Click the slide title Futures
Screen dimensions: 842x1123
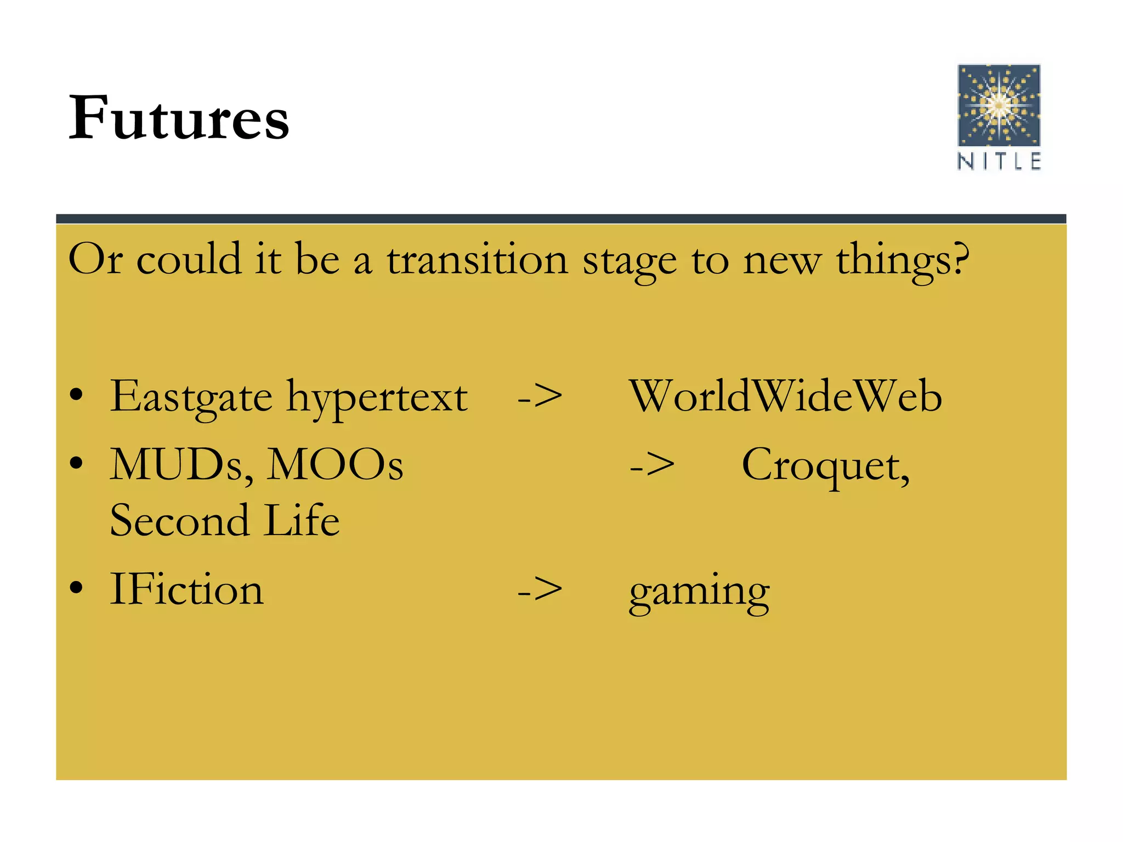[x=179, y=118]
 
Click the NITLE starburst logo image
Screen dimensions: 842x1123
[x=999, y=105]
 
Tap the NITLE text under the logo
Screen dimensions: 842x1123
[x=999, y=161]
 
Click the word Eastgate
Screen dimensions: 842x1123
[x=191, y=397]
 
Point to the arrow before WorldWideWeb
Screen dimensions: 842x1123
[x=540, y=396]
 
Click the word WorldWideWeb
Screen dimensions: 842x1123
[x=785, y=396]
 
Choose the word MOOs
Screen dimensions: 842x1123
[x=335, y=465]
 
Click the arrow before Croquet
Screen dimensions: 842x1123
[x=651, y=465]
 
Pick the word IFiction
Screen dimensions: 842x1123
[x=186, y=590]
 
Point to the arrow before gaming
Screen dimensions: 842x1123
[x=540, y=590]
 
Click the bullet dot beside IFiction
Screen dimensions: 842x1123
[x=76, y=588]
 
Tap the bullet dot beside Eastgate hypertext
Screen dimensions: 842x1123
[x=76, y=395]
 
